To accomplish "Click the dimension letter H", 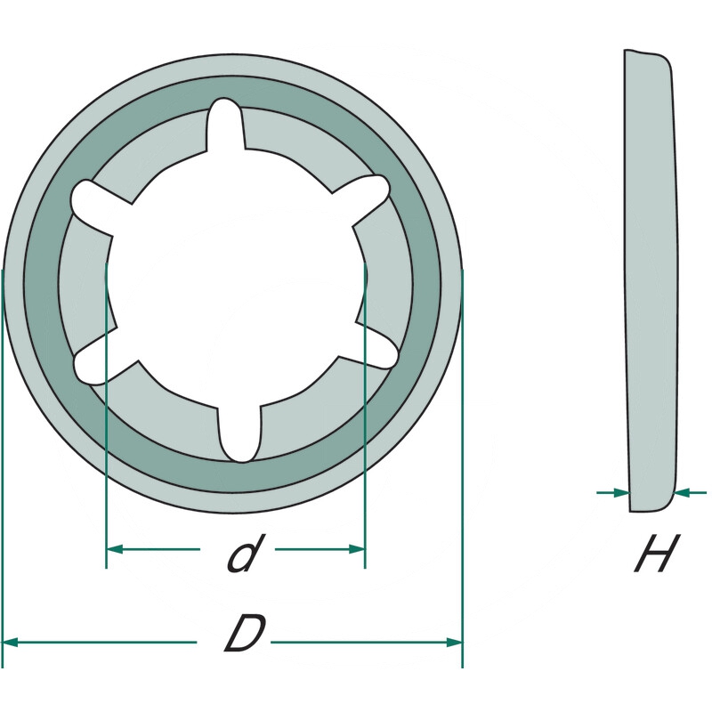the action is pos(657,553).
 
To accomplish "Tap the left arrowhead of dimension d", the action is pos(115,549).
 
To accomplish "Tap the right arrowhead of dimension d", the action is pos(357,549).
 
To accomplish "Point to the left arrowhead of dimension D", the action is pos(10,642).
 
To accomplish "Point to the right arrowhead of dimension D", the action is pos(455,642).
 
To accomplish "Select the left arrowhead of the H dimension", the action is pos(621,492).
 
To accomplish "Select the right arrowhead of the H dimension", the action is pos(682,492).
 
